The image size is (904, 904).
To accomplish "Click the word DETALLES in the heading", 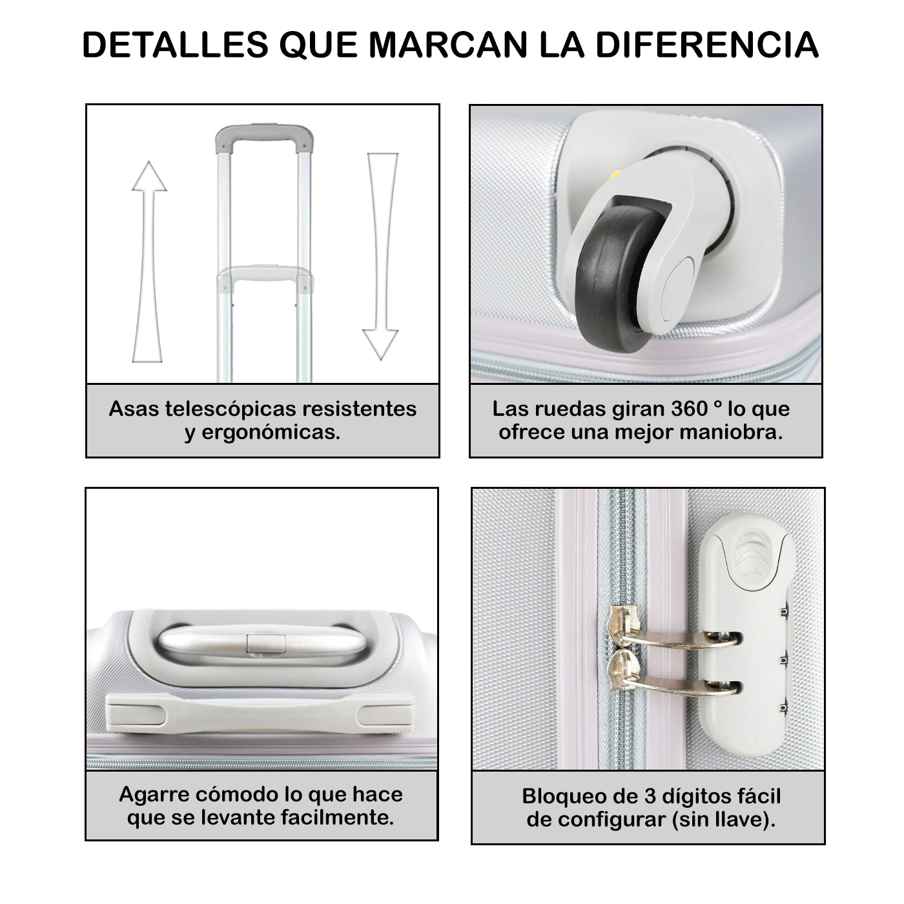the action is point(175,45).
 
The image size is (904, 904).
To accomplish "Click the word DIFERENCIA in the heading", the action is point(707,45).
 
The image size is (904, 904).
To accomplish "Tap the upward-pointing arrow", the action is point(149,262).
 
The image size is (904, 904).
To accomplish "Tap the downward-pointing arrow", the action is point(382,256).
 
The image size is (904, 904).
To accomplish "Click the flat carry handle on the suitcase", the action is point(260,714).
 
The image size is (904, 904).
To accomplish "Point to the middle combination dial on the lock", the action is point(783,661).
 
